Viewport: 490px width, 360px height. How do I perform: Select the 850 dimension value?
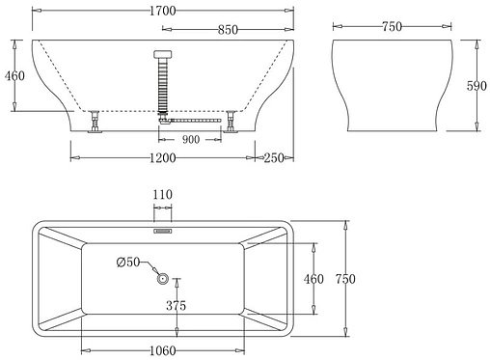[x=228, y=30]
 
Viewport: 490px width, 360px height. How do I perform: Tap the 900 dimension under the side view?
[x=191, y=140]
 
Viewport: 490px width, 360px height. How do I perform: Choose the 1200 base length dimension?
[x=162, y=157]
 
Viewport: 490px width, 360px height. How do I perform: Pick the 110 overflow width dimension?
[x=162, y=195]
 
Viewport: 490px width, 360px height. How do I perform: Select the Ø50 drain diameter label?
[x=129, y=263]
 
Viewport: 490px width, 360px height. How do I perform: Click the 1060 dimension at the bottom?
[x=162, y=348]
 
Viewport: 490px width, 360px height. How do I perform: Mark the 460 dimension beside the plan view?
[x=314, y=279]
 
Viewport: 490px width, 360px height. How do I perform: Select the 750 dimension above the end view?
[x=392, y=27]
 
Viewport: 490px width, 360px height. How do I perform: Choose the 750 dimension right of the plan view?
[x=345, y=279]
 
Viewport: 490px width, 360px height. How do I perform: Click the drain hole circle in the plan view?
[x=163, y=279]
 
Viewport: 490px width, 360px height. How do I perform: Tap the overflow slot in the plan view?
[x=162, y=231]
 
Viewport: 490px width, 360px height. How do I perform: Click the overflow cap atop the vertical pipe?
[x=162, y=55]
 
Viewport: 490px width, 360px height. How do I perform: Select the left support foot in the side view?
[x=95, y=123]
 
